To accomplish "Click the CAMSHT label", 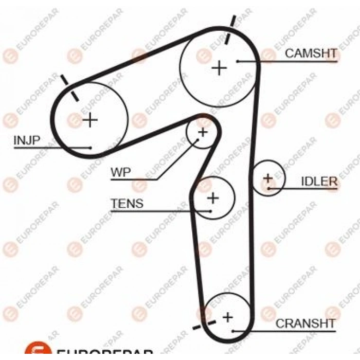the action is [x=311, y=53].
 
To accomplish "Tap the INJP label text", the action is [x=27, y=140].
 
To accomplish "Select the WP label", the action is [x=121, y=172].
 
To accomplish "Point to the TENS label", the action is [x=127, y=203].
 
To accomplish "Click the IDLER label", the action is [x=319, y=182].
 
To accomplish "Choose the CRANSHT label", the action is [x=305, y=323].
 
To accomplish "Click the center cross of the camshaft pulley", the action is [x=219, y=68].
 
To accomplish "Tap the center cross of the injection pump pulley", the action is [x=90, y=120].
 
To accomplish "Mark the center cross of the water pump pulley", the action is [x=203, y=132].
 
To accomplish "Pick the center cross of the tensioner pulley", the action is [x=213, y=198].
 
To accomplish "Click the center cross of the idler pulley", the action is [x=268, y=178].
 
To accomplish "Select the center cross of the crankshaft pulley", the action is [x=228, y=317].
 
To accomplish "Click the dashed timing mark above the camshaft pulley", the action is [x=230, y=30].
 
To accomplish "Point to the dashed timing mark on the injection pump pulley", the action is [x=69, y=88].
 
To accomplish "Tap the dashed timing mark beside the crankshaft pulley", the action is [x=204, y=325].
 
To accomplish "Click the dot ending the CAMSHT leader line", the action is [x=238, y=61].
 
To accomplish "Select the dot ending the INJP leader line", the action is [x=91, y=148].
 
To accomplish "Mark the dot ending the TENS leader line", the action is [x=210, y=211].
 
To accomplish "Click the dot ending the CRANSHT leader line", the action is [x=233, y=331].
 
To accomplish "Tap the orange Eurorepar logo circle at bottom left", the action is [x=38, y=351].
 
